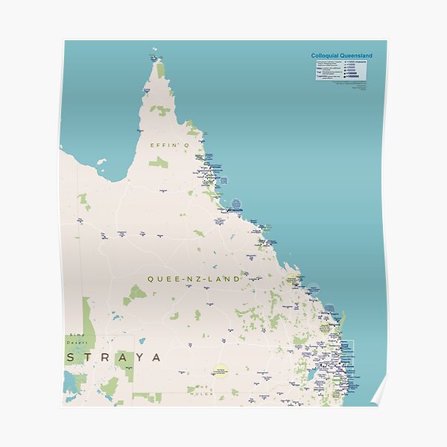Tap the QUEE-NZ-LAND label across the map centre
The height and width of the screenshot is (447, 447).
coord(194,279)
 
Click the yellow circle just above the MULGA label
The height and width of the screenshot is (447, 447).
coord(219,370)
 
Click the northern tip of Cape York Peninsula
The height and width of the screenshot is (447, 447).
coord(157,62)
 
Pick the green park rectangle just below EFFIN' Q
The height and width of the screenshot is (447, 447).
coord(158,162)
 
